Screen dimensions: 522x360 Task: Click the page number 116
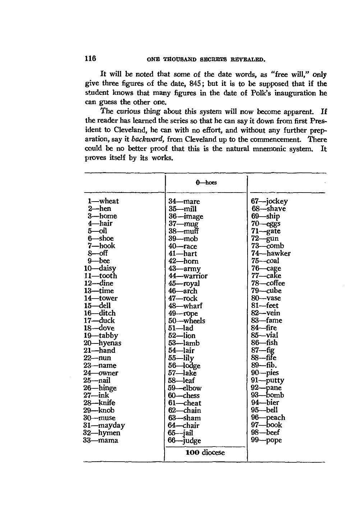click(90, 59)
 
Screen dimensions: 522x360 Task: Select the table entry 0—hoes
click(206, 183)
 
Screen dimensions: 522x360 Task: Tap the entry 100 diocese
click(205, 452)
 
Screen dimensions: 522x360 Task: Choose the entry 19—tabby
click(101, 336)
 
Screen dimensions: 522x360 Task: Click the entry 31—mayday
click(104, 425)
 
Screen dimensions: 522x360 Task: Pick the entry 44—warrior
click(188, 276)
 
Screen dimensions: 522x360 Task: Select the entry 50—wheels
click(187, 321)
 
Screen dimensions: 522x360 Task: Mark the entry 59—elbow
click(185, 388)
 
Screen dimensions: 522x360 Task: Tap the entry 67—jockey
click(269, 201)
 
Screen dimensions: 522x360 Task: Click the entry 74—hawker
click(271, 253)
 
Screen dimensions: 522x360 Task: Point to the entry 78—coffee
click(268, 283)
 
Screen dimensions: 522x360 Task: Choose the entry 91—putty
click(267, 380)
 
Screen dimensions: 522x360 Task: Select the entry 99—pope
click(266, 440)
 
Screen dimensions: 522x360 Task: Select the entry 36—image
click(186, 216)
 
